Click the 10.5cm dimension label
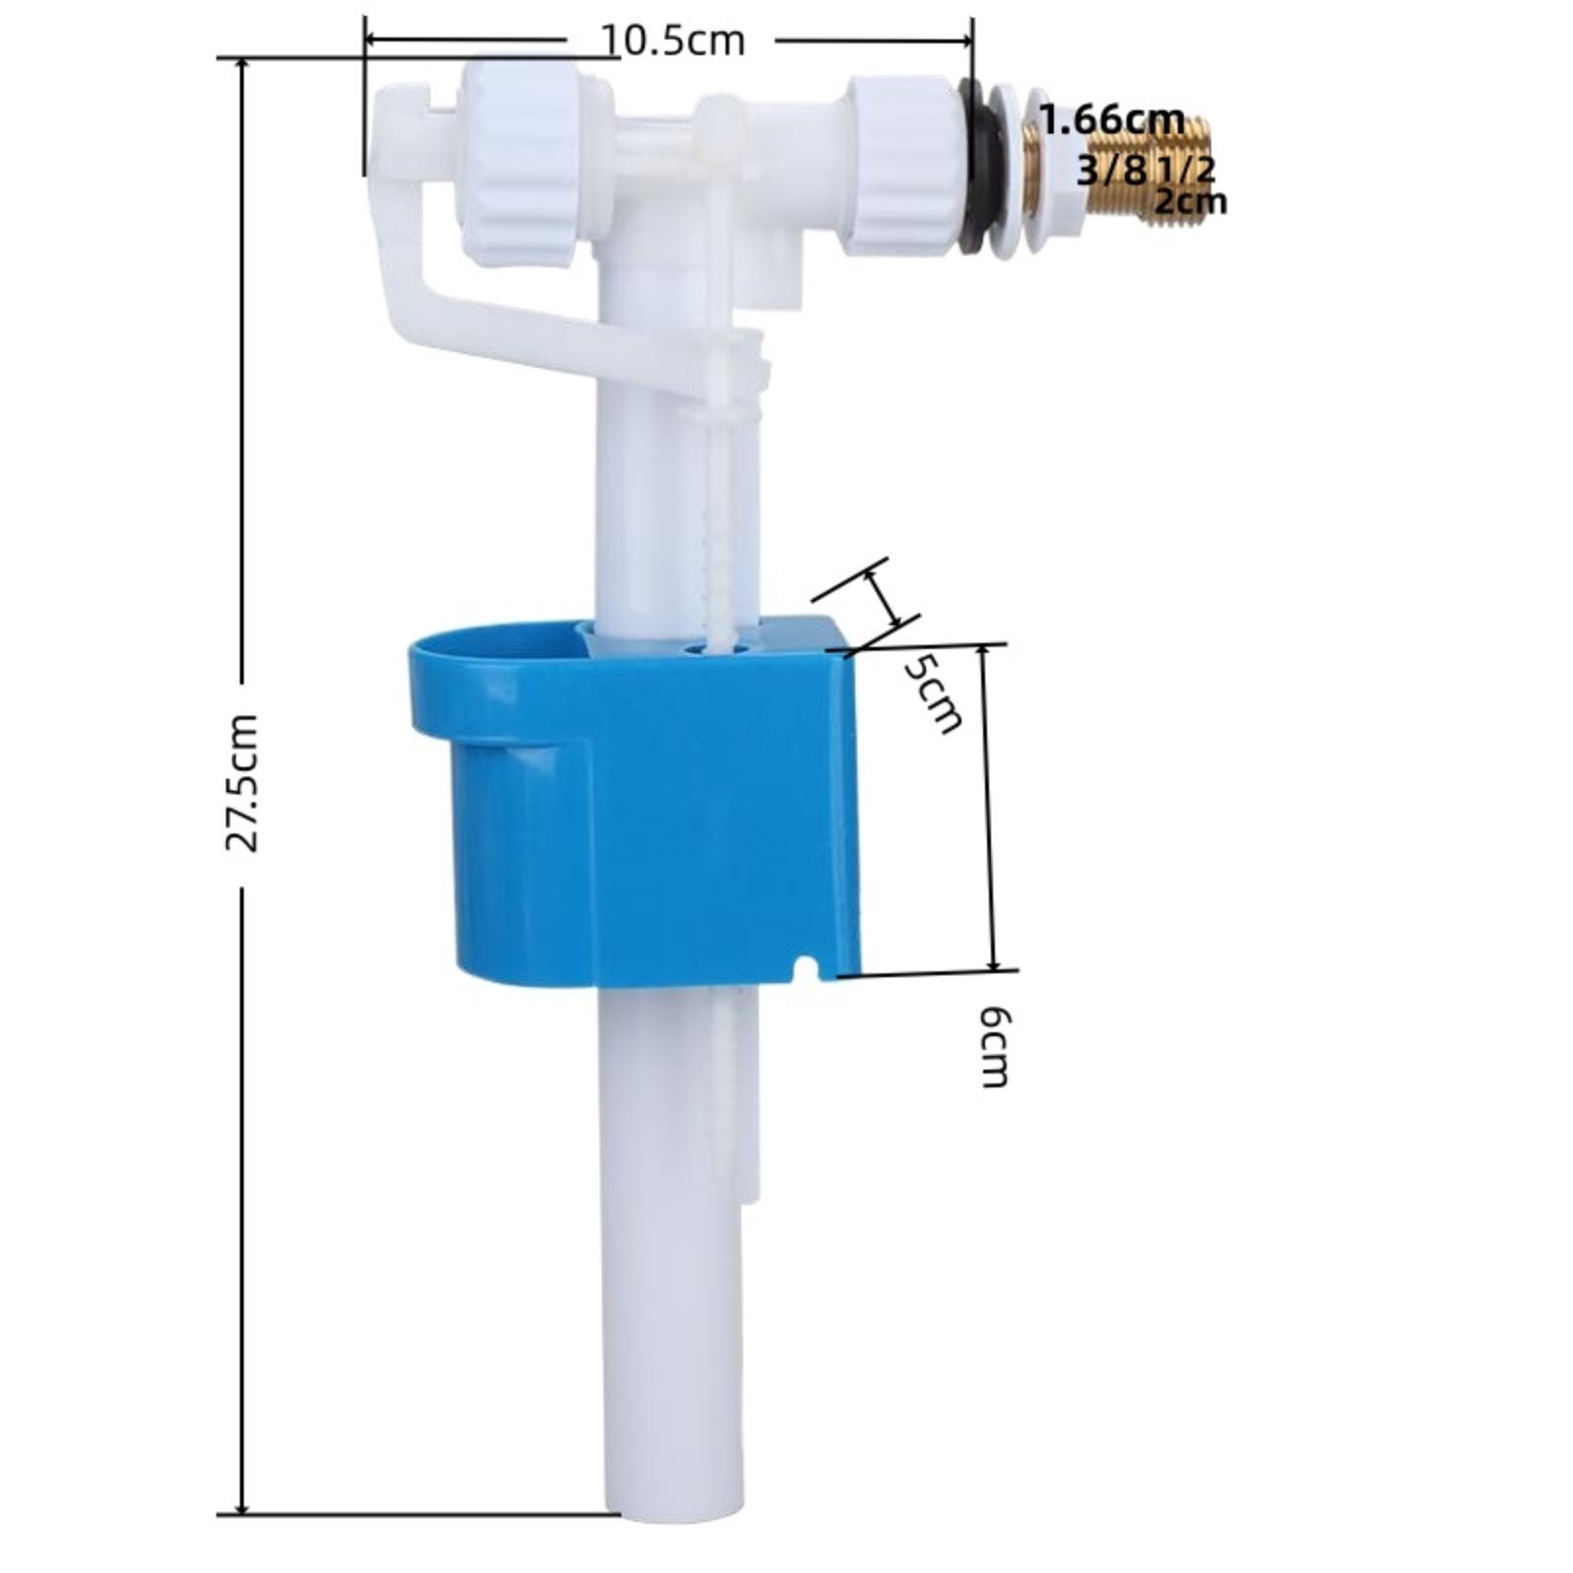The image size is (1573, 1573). (672, 41)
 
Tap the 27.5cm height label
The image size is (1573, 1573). (241, 784)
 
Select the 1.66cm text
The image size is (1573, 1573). (1112, 120)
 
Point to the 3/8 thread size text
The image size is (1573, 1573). (1112, 170)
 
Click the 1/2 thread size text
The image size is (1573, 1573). (1186, 170)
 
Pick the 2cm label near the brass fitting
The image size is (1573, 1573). (1191, 202)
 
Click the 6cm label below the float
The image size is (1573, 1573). (995, 1046)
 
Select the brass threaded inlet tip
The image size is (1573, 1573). (1175, 170)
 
